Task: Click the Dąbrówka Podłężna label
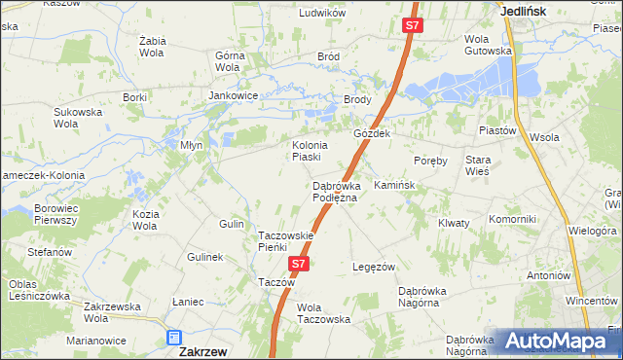tap(335, 192)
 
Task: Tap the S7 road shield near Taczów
tap(300, 264)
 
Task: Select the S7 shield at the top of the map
tap(413, 26)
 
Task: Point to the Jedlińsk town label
tap(523, 11)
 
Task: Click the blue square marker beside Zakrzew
tap(174, 339)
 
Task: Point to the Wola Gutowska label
tap(488, 45)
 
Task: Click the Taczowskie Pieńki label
tap(285, 241)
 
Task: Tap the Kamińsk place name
tap(394, 185)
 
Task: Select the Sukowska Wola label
tap(78, 118)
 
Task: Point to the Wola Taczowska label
tap(323, 313)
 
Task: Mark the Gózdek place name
tap(372, 134)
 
